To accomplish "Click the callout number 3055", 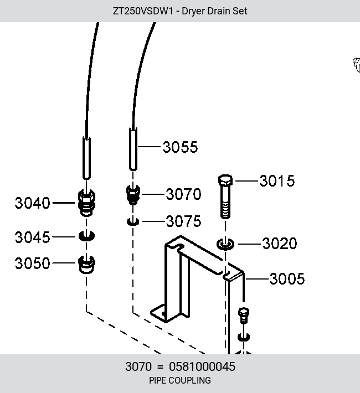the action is (180, 147).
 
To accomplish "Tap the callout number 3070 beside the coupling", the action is (183, 194).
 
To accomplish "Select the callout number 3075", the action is (183, 221).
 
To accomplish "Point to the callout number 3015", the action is (277, 181).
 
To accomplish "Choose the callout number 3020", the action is (280, 244).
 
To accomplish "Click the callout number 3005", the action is (287, 279).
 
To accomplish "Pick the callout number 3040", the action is (32, 203).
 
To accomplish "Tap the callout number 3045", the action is (32, 237).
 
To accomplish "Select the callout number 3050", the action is (32, 263).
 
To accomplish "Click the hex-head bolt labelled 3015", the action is (225, 196).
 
